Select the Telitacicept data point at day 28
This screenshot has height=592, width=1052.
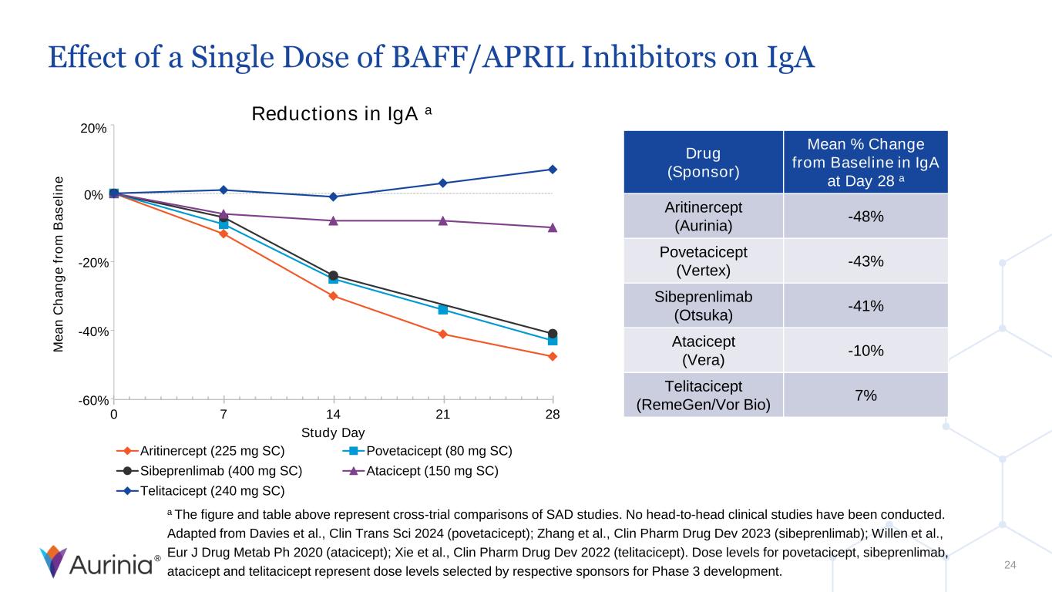coord(553,170)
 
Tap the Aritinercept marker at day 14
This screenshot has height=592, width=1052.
coord(333,296)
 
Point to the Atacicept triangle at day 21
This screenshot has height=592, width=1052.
coord(443,221)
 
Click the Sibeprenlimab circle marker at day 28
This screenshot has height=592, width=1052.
coord(553,334)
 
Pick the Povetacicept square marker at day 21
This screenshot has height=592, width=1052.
coord(443,310)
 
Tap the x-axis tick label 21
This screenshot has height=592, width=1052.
coord(443,415)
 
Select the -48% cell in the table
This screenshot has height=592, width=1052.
coord(865,216)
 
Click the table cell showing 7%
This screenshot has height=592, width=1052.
coord(865,395)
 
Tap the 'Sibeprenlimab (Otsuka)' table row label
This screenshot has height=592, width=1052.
coord(703,306)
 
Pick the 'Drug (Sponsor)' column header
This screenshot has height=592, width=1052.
coord(703,162)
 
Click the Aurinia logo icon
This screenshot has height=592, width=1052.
coord(53,562)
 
